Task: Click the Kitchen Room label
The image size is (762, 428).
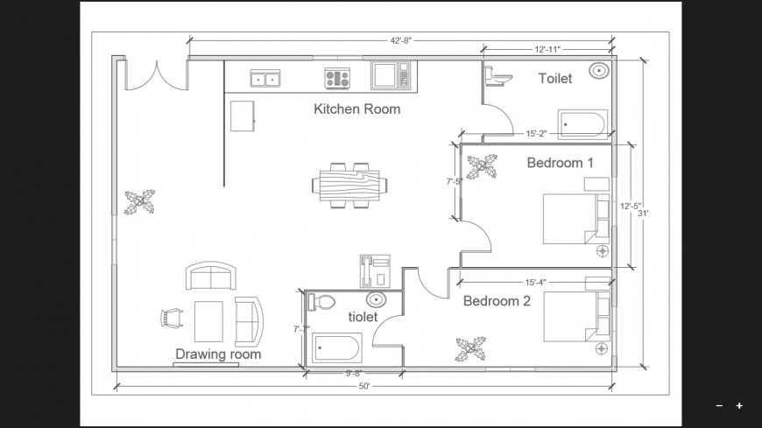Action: click(356, 109)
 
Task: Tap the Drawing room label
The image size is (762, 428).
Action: click(218, 354)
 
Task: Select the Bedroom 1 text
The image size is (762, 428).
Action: click(560, 163)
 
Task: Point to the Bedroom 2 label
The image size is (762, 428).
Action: click(497, 301)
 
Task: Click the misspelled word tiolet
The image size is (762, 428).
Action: click(363, 317)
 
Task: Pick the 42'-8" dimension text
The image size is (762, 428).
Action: click(401, 41)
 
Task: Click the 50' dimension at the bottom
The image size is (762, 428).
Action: click(364, 386)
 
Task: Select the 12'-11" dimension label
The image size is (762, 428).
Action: click(547, 49)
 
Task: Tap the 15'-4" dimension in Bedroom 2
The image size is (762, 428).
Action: click(535, 282)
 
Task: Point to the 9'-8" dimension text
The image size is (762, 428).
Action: click(354, 373)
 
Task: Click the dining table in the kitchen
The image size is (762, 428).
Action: click(349, 185)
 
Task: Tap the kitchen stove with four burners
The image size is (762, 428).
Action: click(337, 79)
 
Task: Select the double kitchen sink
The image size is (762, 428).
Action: click(265, 79)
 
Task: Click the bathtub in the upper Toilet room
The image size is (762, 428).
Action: click(582, 124)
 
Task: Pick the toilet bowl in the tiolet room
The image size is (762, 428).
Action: click(321, 302)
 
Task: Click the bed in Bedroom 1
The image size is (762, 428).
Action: click(576, 219)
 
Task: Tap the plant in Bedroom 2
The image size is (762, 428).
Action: click(470, 349)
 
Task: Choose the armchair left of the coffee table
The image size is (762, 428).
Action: click(172, 319)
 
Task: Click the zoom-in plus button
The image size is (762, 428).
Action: click(739, 405)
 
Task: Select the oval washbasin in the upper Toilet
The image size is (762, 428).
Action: click(599, 71)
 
